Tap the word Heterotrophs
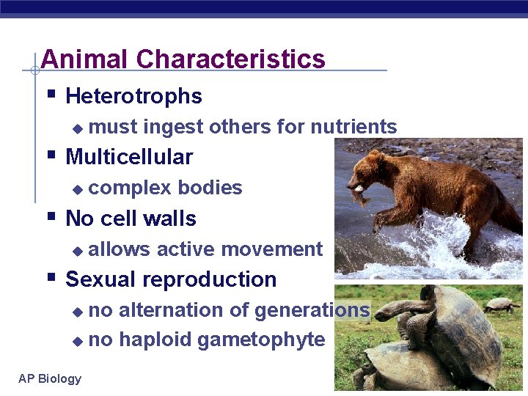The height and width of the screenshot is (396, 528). [x=133, y=96]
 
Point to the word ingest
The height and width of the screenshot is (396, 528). [x=173, y=127]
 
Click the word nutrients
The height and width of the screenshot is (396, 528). [x=353, y=127]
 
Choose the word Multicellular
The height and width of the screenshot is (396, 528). [x=129, y=157]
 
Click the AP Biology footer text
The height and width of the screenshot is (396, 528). [x=50, y=378]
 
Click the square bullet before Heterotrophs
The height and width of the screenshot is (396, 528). [x=51, y=95]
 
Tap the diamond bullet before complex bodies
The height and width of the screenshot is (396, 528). [x=78, y=189]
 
